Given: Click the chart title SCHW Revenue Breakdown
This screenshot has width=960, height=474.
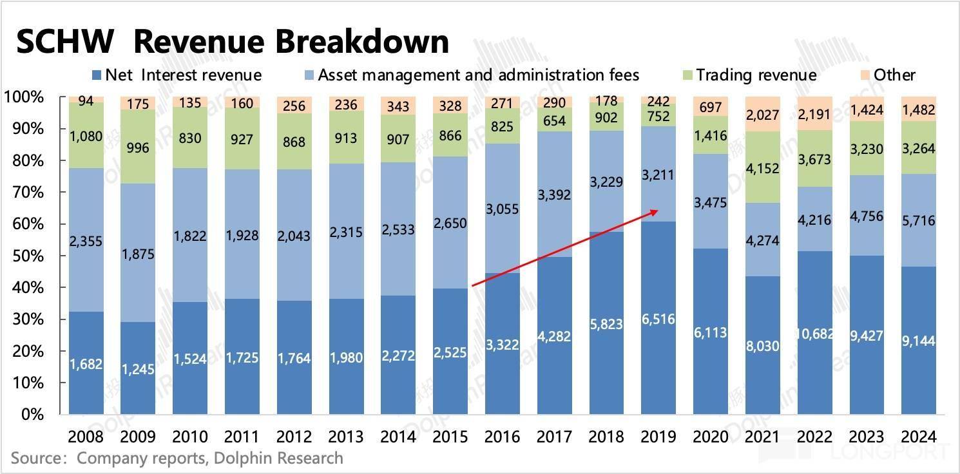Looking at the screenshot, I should click(232, 42).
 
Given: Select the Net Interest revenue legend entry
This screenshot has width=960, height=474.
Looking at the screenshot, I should click(177, 75).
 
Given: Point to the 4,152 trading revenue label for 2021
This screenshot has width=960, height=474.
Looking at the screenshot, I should click(762, 168).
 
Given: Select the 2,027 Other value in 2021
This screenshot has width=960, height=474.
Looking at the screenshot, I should click(762, 115).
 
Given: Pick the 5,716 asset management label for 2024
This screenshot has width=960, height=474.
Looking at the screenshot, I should click(919, 222).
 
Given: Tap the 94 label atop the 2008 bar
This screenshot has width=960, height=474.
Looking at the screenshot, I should click(86, 101).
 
